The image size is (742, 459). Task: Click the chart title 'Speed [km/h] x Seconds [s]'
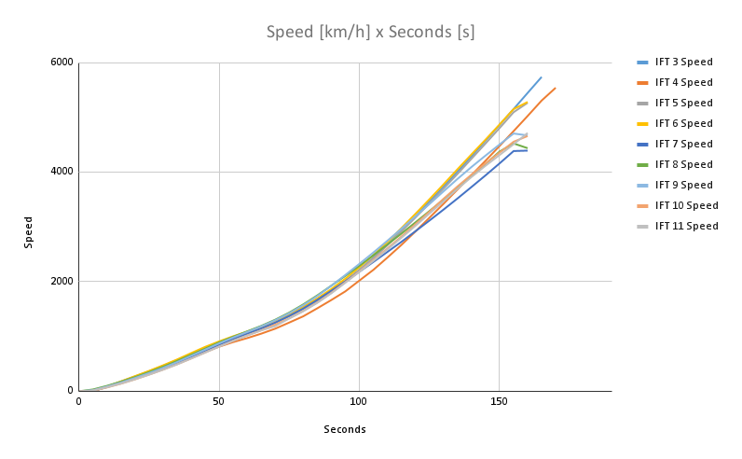point(370,33)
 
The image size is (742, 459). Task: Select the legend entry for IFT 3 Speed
point(683,63)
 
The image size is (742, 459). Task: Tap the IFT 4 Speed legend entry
point(683,83)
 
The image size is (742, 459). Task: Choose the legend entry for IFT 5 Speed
point(683,104)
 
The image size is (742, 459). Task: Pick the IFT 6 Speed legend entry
point(683,124)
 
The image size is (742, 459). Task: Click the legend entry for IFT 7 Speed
point(683,145)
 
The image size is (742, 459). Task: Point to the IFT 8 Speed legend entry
point(683,165)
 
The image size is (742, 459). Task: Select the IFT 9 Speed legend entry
point(683,186)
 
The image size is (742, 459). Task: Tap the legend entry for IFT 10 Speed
point(686,206)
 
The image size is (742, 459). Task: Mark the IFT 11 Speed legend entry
point(686,227)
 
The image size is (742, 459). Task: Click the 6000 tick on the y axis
point(62,63)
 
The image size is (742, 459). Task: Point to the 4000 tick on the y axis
point(62,172)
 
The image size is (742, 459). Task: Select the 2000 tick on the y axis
point(62,281)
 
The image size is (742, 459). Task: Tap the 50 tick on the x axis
point(219,402)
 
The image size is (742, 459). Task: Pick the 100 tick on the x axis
point(359,402)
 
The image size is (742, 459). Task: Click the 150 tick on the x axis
point(499,402)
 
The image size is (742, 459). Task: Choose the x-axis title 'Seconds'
point(345,430)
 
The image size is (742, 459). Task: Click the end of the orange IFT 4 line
point(555,89)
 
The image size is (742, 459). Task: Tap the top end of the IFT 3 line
point(541,77)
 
